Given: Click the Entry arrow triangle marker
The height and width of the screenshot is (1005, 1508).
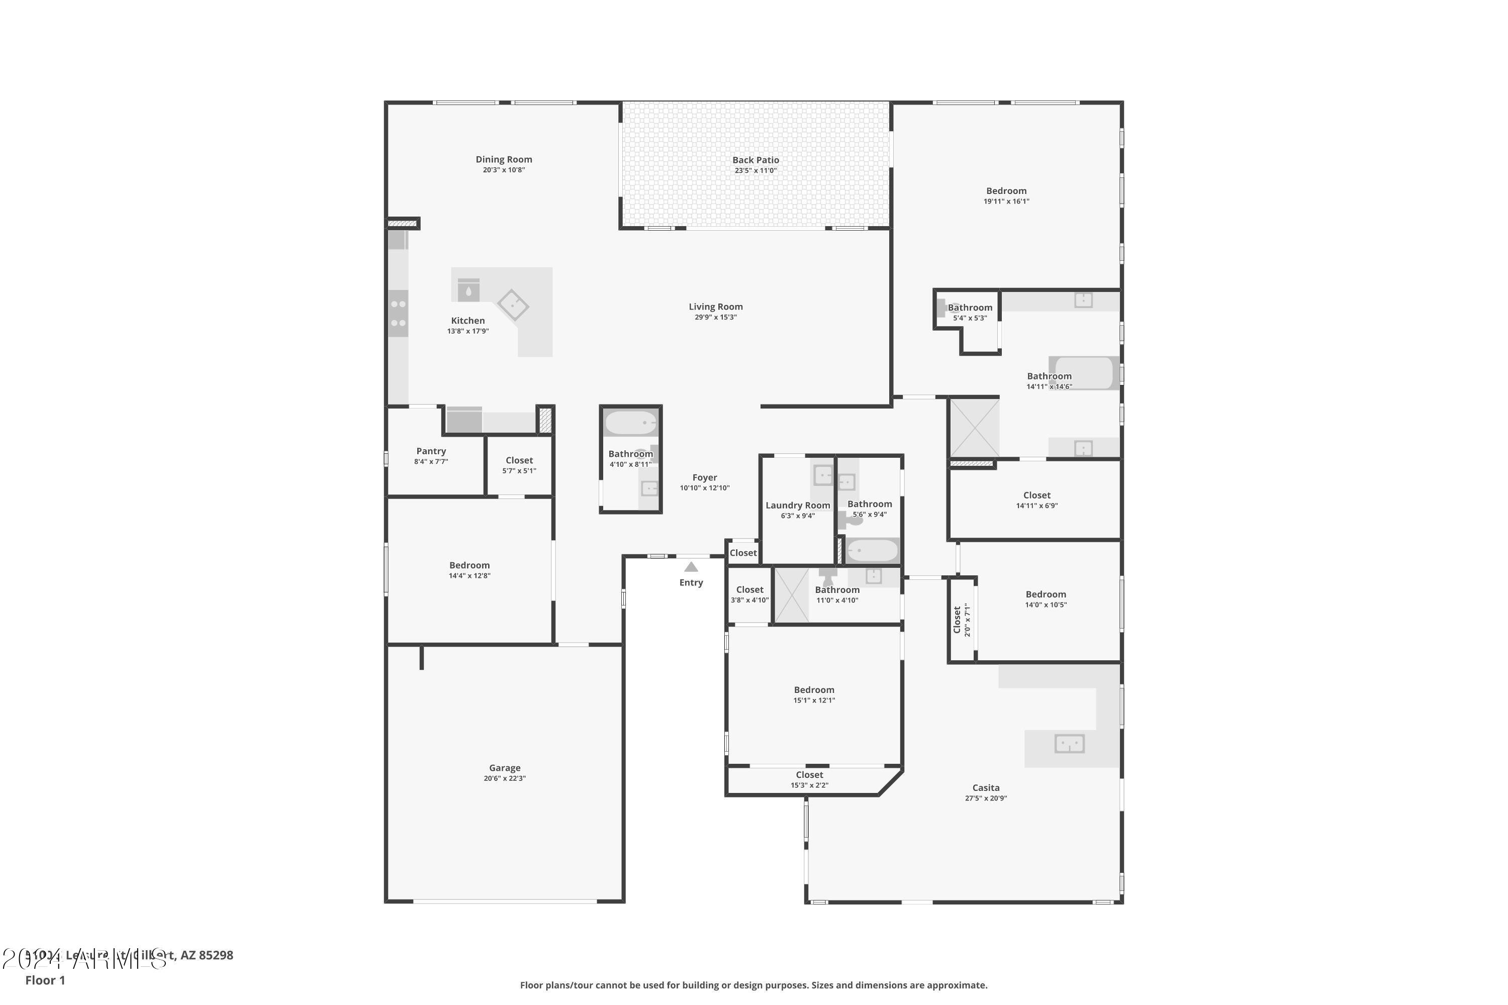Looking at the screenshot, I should (x=691, y=567).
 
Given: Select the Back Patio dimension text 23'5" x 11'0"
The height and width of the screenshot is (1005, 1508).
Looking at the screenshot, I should (x=756, y=170).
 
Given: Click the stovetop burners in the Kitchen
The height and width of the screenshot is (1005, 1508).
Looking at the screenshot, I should (x=398, y=314).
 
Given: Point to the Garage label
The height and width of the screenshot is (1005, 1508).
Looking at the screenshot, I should (x=505, y=768).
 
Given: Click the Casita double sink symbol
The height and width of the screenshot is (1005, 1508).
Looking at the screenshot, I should (x=1069, y=744).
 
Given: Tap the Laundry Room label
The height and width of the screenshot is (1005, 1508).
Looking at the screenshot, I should (x=798, y=505).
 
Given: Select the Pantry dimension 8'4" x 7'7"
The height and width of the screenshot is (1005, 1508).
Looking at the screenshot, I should (x=431, y=461).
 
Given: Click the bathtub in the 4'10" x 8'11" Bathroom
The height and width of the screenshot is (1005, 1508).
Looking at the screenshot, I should (x=631, y=423).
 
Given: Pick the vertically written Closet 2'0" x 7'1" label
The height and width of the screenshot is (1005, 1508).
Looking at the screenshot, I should (x=962, y=620).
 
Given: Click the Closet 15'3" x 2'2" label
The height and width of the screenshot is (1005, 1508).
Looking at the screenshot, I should (x=809, y=775).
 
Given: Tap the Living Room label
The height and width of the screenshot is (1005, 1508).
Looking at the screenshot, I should (x=715, y=307).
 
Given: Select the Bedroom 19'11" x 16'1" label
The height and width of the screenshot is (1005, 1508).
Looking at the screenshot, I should (x=1006, y=191).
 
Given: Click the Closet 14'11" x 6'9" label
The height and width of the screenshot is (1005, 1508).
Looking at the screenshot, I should (x=1036, y=495).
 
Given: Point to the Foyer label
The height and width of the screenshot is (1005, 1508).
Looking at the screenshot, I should (x=704, y=477).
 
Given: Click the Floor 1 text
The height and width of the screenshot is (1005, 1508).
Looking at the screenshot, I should (x=45, y=980).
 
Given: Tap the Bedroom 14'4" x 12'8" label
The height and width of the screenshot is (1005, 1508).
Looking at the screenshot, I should (x=469, y=565).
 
